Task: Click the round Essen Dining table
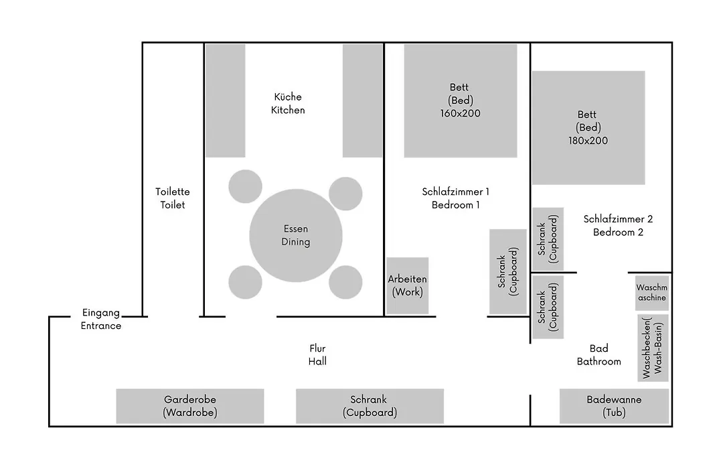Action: tap(296, 235)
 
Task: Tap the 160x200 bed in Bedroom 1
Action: tap(460, 100)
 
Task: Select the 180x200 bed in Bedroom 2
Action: tap(588, 127)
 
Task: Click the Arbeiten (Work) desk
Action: tap(408, 285)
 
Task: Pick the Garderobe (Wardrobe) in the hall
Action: tap(190, 406)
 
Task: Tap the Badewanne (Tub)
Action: tap(614, 406)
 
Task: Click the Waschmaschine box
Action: tap(652, 293)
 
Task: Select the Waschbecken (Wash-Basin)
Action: tap(653, 348)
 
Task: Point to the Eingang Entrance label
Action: tap(101, 319)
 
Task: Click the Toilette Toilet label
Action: tap(173, 198)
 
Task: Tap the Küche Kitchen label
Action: tap(288, 103)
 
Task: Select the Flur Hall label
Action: tap(317, 355)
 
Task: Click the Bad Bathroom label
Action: tap(599, 355)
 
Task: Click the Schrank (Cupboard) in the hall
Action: tap(370, 406)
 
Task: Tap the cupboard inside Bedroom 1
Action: tap(508, 272)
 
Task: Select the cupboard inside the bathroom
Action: tap(548, 307)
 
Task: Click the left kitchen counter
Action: tap(226, 100)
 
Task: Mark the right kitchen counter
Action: tap(362, 100)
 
